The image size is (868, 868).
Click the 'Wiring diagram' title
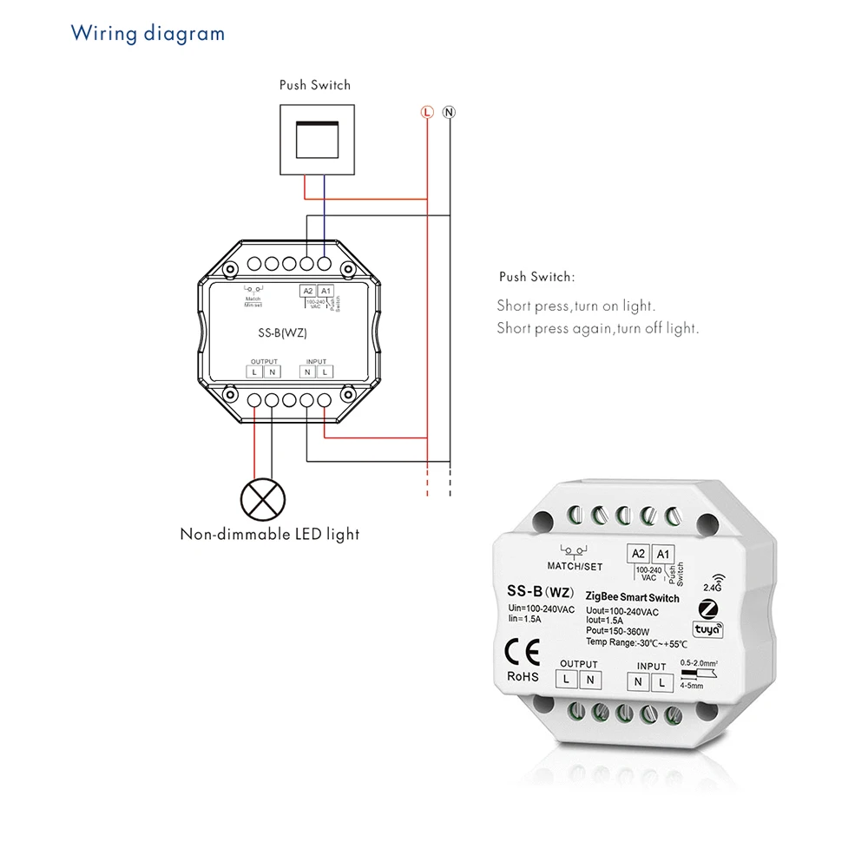coord(148,34)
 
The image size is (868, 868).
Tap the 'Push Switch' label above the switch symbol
coord(315,85)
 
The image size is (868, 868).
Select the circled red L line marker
coord(426,112)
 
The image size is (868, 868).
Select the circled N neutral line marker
coord(449,112)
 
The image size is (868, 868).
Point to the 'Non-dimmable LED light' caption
coord(269,534)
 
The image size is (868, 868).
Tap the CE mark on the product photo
coord(523,651)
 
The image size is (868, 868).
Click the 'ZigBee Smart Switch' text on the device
coord(633,598)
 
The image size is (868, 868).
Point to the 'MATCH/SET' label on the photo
coord(575,567)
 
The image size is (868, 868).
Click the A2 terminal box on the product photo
coord(638,555)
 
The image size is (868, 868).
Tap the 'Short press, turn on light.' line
coord(575,306)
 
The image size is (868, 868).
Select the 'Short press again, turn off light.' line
coord(597,328)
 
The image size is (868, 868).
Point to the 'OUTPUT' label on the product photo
coord(579,664)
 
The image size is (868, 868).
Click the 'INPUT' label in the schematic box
coord(317,361)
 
